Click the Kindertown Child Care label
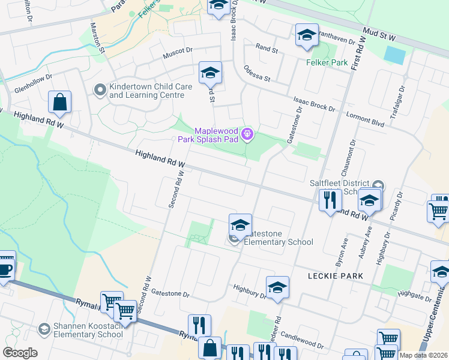click(150, 91)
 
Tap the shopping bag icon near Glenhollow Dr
click(60, 103)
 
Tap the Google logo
click(20, 353)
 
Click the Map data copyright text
click(424, 355)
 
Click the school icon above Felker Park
click(306, 36)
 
